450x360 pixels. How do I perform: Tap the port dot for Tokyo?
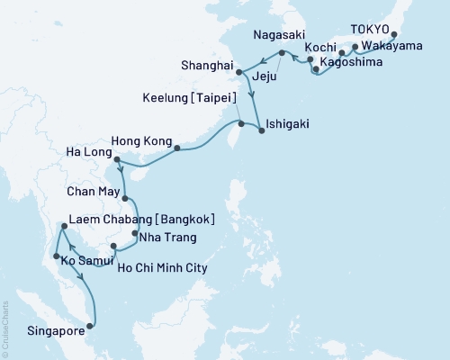pyautogui.click(x=393, y=38)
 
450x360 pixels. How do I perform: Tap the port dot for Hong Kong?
pyautogui.click(x=176, y=148)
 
